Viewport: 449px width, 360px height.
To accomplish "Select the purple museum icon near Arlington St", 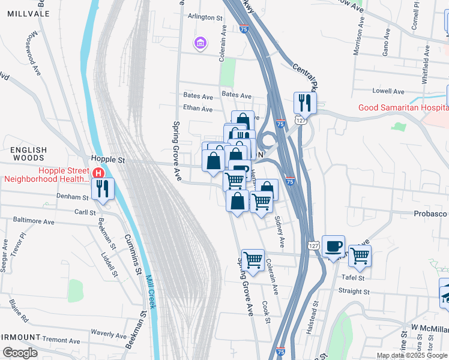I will click(x=199, y=43).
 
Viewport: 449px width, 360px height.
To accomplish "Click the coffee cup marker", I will click(x=333, y=247).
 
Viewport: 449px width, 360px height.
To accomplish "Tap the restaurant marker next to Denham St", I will click(x=102, y=189).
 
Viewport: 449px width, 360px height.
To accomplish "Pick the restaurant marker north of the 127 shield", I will click(x=305, y=103).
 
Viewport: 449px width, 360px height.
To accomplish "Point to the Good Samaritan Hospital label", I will click(x=403, y=107).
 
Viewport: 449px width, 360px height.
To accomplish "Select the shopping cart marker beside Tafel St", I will click(x=360, y=256).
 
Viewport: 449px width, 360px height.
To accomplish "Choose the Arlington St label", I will click(x=205, y=17).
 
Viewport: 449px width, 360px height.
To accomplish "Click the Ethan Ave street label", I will click(x=198, y=109).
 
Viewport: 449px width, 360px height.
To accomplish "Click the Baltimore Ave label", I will click(x=34, y=222).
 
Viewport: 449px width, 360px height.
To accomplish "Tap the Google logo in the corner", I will click(x=19, y=352).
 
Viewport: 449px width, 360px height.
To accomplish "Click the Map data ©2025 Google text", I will click(x=411, y=355).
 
